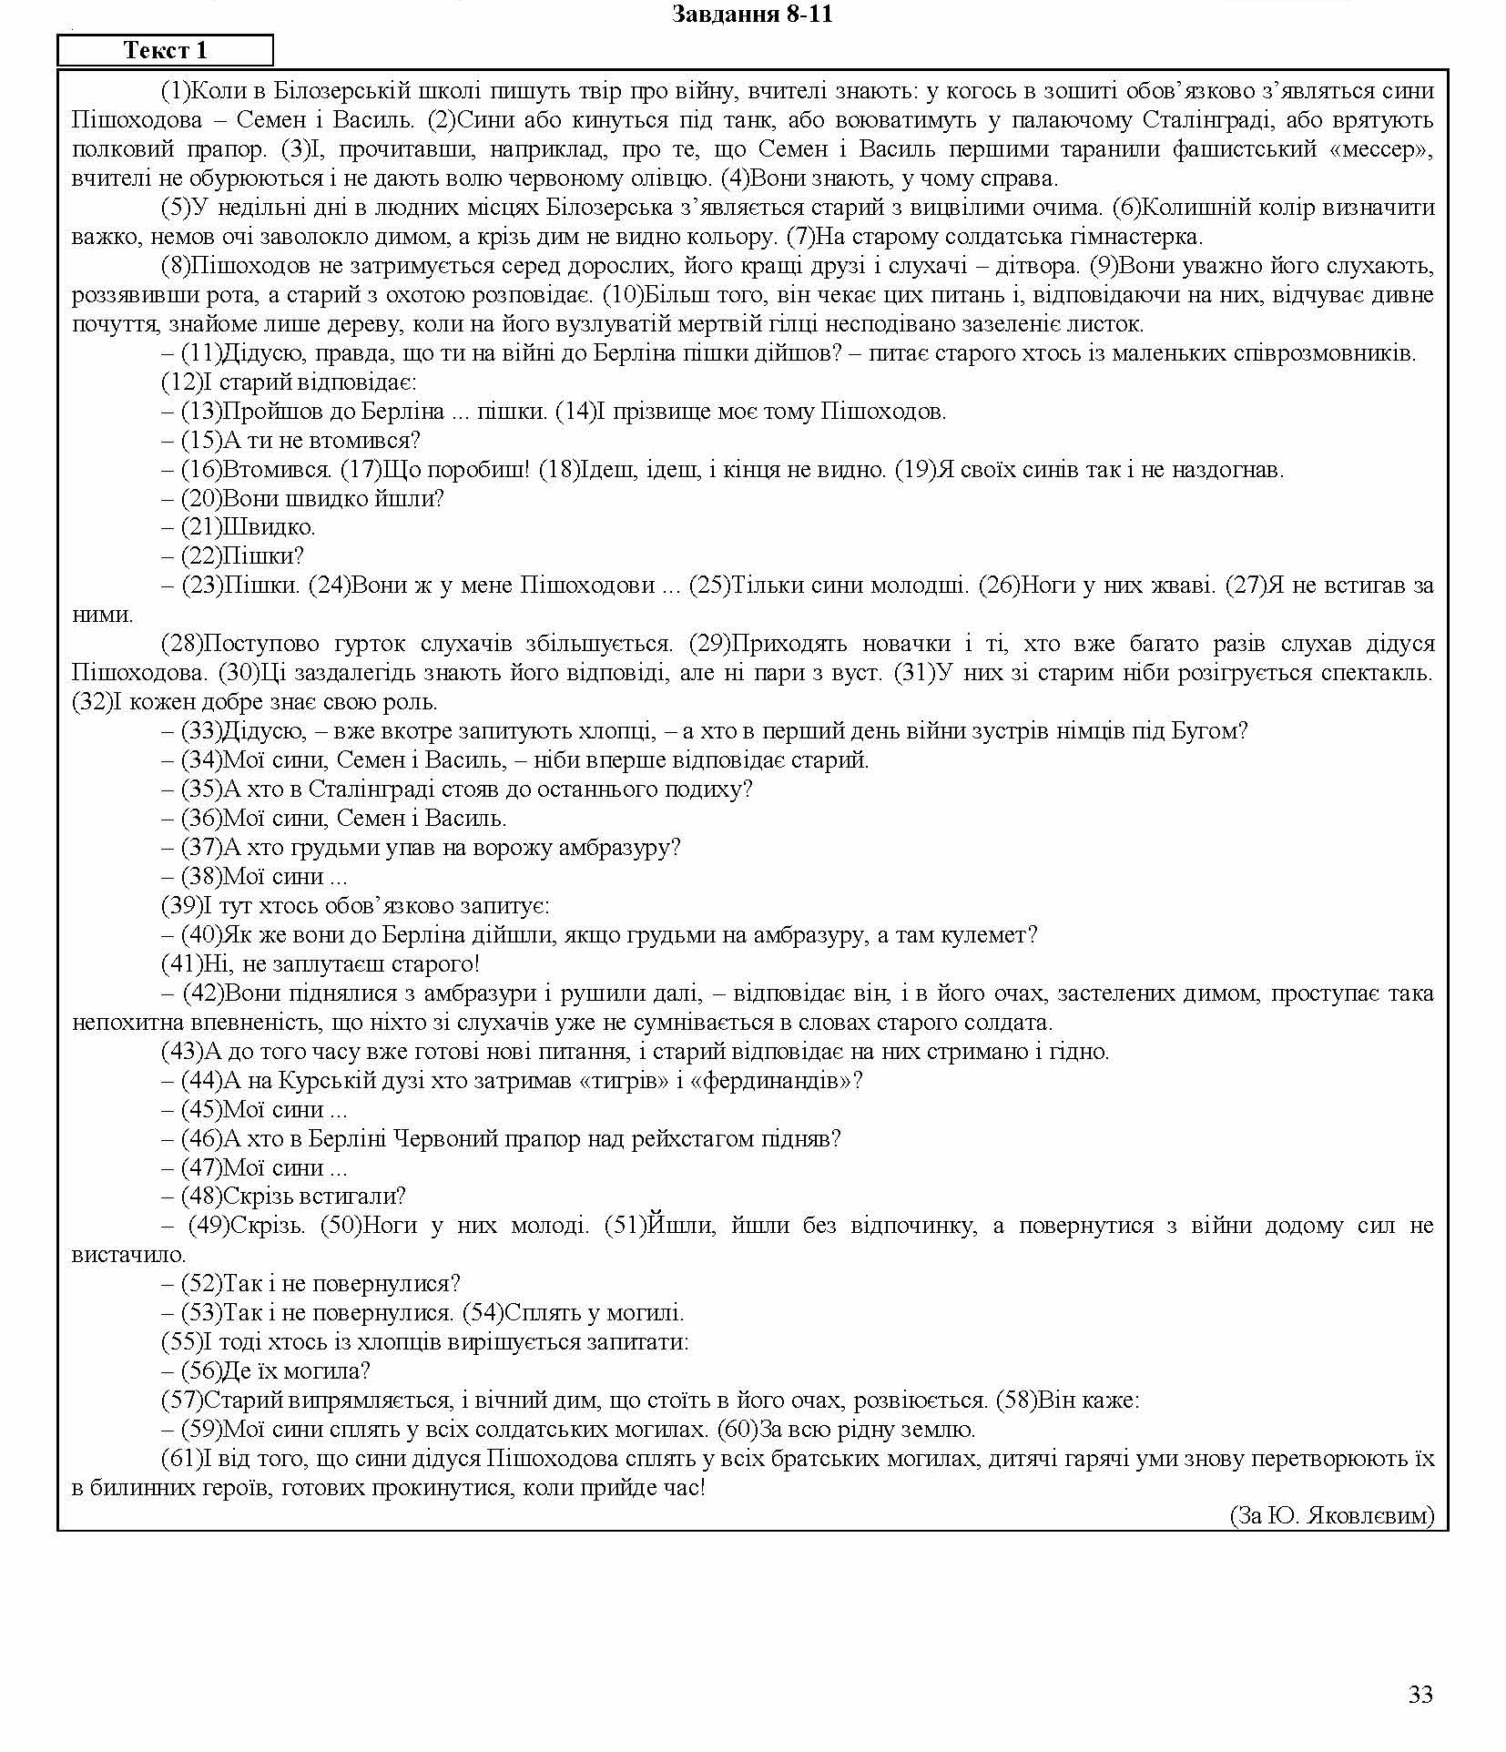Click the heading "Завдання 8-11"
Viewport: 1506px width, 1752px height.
752,15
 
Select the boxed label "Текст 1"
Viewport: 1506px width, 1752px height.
165,51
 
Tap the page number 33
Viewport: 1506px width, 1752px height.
1420,1695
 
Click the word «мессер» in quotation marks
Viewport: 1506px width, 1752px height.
1381,149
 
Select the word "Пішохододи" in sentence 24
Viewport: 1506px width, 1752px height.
586,586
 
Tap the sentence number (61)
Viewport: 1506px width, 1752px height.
179,1459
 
